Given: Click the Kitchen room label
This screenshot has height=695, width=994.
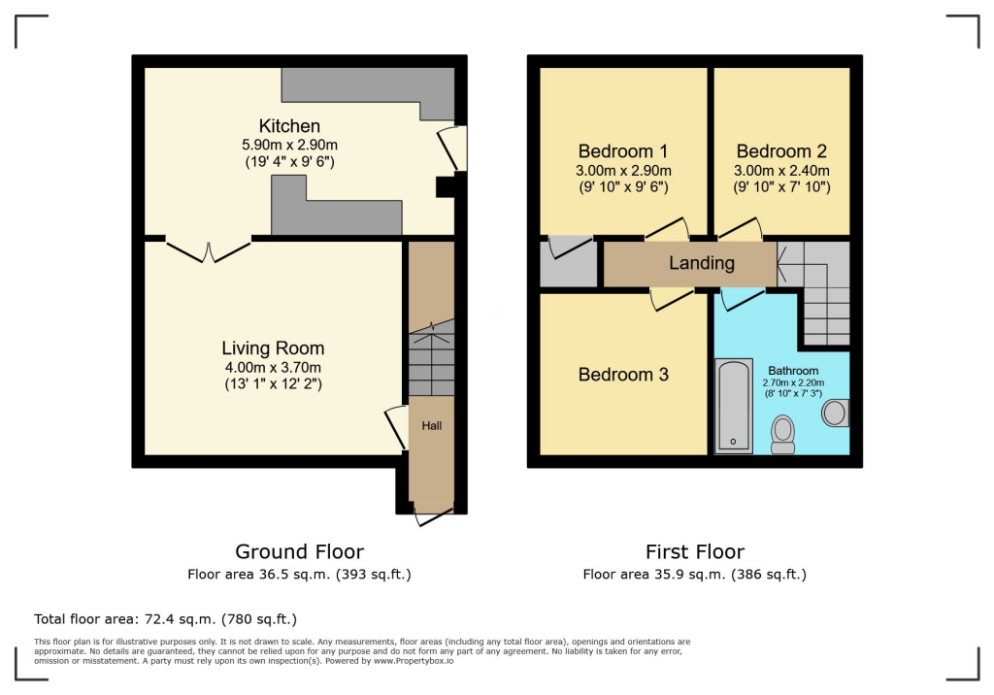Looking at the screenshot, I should [289, 126].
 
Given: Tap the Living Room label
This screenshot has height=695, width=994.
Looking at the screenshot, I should [273, 348].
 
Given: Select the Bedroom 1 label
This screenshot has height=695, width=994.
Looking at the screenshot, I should [622, 151].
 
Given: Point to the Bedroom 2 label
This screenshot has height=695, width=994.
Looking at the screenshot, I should [781, 151].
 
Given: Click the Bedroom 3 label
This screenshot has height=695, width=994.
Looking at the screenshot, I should [623, 375].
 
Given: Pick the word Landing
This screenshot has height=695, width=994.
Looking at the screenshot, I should [702, 263].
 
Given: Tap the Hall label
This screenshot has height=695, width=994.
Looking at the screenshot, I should [431, 425].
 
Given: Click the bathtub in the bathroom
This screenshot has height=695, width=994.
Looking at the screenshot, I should [733, 407].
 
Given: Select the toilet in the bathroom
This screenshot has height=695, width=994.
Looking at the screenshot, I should [782, 434].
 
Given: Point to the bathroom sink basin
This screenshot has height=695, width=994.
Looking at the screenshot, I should [834, 414].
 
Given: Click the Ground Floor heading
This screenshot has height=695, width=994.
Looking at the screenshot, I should [299, 552].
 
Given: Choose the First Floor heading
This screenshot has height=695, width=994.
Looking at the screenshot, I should [694, 552].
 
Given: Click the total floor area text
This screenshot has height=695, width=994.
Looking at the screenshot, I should [165, 618].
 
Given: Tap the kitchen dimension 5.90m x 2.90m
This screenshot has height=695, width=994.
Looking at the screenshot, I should [288, 145].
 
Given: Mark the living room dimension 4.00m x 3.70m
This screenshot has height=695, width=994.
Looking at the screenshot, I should [273, 367].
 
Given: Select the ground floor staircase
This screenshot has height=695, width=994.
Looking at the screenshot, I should [431, 361].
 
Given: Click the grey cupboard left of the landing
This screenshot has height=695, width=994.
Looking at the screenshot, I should [569, 262].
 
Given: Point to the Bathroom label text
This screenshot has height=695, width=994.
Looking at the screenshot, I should [793, 371].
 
